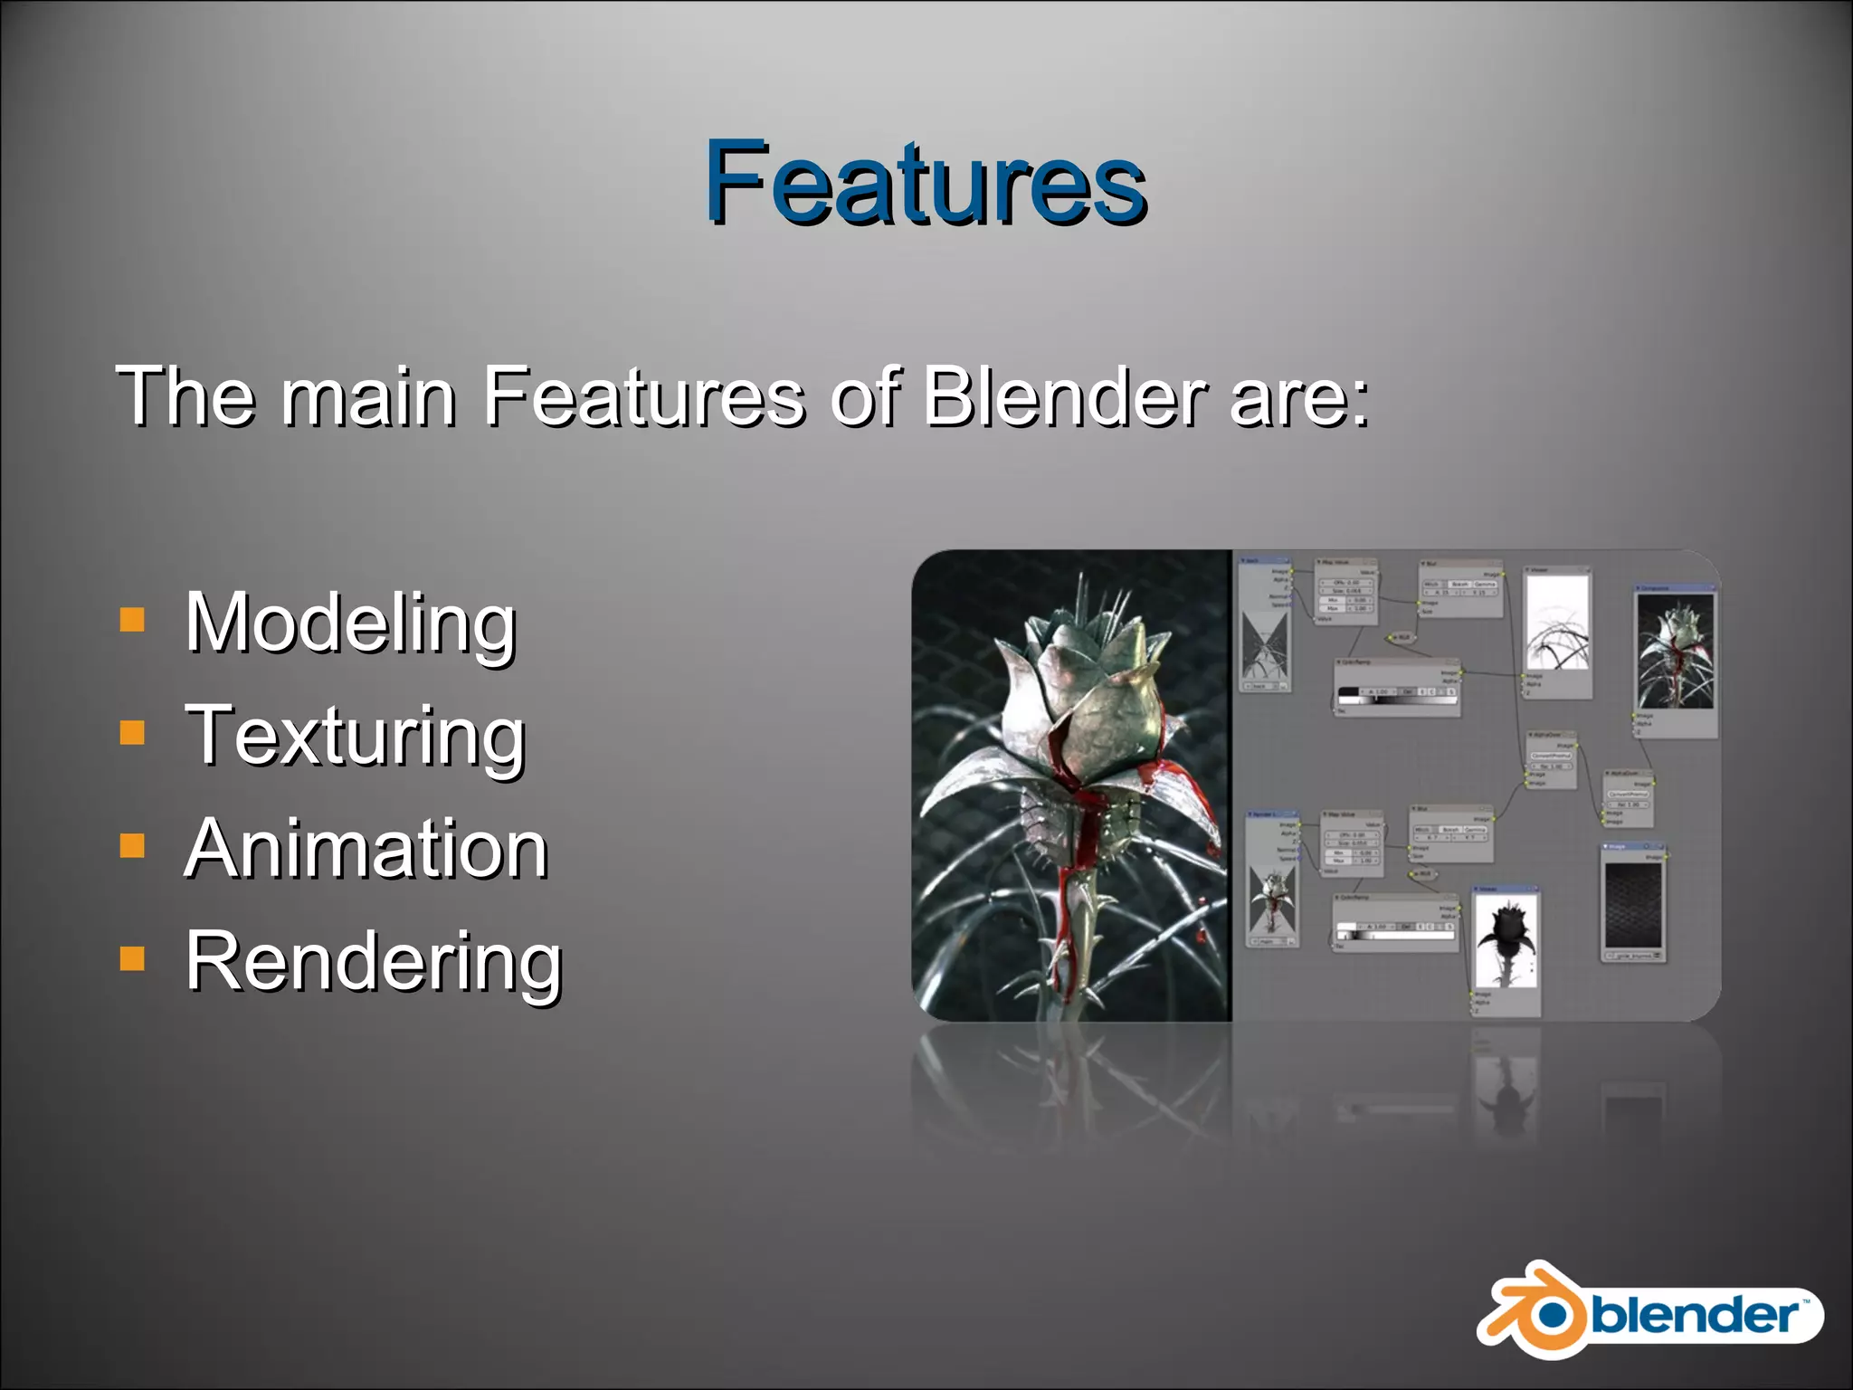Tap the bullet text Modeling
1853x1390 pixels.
[x=350, y=623]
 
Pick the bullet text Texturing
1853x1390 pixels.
[x=355, y=736]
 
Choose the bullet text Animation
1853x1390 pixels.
[x=366, y=849]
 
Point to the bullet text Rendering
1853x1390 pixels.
[x=374, y=962]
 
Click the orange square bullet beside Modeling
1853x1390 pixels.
[x=132, y=620]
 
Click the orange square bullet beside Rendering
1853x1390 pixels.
[x=132, y=958]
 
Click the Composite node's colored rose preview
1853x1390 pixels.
[x=1676, y=652]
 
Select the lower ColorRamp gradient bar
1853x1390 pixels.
[x=1394, y=933]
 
